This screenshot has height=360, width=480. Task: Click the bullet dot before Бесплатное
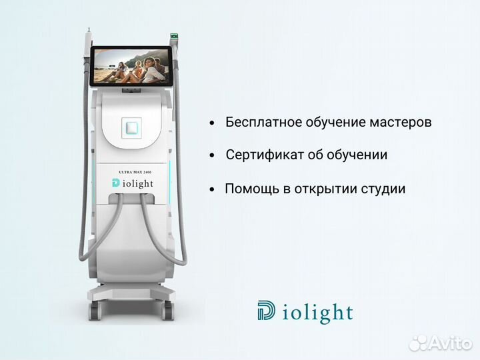tap(212, 123)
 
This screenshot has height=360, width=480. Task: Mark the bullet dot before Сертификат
tap(212, 156)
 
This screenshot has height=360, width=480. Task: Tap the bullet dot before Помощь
tap(212, 189)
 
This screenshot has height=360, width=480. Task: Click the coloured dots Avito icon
tap(418, 342)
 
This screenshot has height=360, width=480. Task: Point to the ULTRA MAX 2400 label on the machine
tap(136, 172)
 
